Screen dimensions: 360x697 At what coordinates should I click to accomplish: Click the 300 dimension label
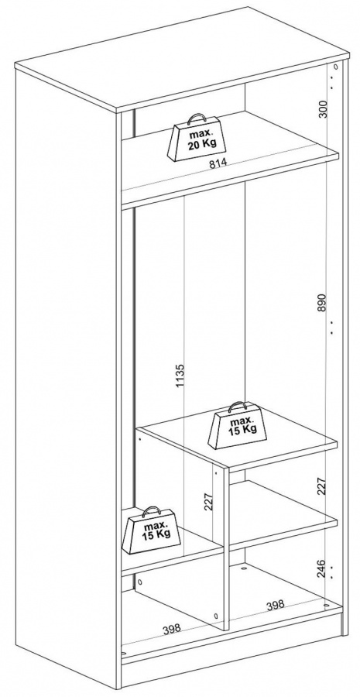click(323, 109)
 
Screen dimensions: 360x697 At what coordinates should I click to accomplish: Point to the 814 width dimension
click(218, 163)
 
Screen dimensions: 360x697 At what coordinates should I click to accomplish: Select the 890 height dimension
click(322, 302)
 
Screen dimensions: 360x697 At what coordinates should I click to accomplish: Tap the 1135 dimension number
click(180, 375)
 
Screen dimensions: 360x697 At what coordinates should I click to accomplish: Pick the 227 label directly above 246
click(322, 486)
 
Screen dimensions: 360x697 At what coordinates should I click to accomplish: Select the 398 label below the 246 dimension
click(275, 605)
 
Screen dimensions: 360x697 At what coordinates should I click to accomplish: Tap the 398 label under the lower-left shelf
click(172, 628)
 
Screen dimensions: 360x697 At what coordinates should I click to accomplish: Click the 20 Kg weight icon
click(196, 138)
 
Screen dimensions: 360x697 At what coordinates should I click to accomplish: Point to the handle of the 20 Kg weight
click(196, 118)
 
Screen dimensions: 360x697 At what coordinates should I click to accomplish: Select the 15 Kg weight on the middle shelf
click(238, 425)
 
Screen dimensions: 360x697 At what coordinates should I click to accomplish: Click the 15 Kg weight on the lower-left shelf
click(151, 530)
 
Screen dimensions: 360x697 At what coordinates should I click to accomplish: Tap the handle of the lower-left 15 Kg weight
click(152, 510)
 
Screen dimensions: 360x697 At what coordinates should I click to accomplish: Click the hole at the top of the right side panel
click(335, 67)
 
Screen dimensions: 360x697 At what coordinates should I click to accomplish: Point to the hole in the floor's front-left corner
click(124, 654)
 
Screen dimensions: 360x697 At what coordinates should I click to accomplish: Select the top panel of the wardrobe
click(182, 60)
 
